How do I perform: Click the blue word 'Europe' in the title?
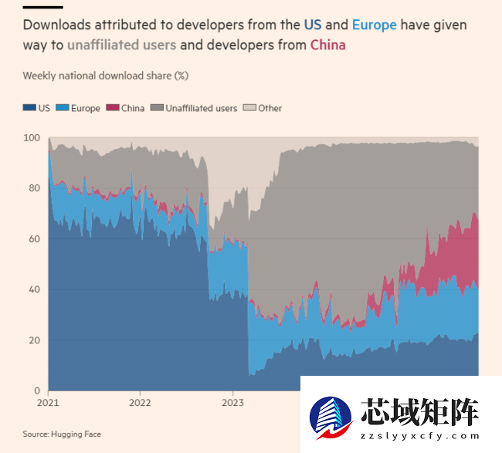click(x=374, y=25)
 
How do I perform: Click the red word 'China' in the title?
click(x=327, y=45)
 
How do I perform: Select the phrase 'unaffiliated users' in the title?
click(x=121, y=45)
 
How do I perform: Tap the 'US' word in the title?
click(x=312, y=25)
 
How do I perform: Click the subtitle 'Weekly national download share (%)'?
click(x=106, y=76)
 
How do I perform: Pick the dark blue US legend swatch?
click(x=29, y=108)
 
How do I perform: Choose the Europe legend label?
click(x=85, y=108)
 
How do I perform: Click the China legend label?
click(x=132, y=108)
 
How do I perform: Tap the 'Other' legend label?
click(x=270, y=108)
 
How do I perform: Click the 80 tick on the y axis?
click(x=33, y=188)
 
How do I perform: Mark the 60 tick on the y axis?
click(x=33, y=239)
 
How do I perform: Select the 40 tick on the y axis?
click(x=33, y=289)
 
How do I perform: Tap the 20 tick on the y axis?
click(x=33, y=340)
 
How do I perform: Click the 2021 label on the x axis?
click(x=48, y=402)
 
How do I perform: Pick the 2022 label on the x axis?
click(x=140, y=402)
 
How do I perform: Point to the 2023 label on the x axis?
click(x=233, y=402)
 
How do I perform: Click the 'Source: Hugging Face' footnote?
click(x=62, y=434)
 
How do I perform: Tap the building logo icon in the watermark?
click(x=331, y=419)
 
